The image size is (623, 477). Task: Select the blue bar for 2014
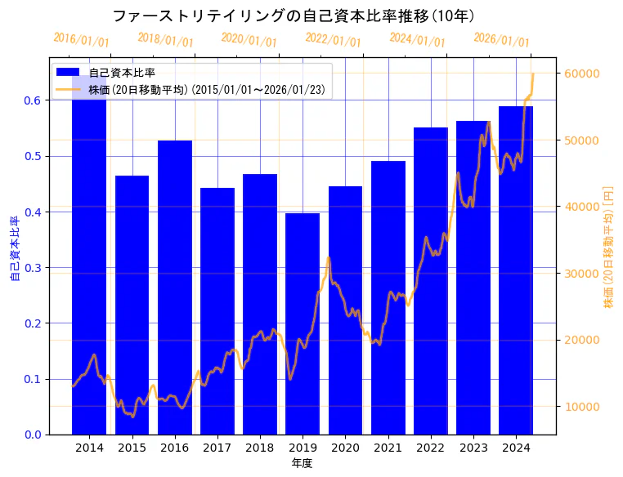[x=89, y=261]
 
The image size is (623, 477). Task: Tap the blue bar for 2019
[x=303, y=327]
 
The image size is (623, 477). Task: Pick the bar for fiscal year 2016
[x=175, y=286]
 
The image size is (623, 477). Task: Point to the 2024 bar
[x=516, y=270]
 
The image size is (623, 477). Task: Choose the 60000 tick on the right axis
[x=583, y=74]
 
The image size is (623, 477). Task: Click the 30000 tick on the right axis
[x=583, y=274]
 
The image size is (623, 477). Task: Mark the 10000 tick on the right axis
[x=583, y=407]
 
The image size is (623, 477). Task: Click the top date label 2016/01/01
[x=81, y=40]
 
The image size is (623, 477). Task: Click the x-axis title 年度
[x=302, y=463]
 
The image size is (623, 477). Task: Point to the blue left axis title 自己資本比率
[x=14, y=248]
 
